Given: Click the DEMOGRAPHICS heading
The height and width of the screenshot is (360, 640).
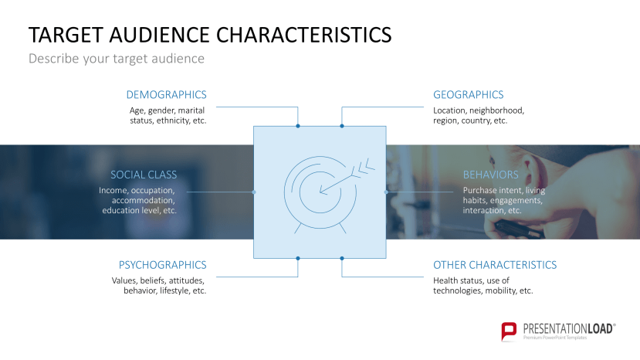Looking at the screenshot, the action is point(166,95).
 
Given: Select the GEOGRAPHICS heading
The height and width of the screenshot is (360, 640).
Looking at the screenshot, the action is point(468,95).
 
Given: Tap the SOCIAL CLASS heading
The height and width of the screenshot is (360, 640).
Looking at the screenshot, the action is point(144,175).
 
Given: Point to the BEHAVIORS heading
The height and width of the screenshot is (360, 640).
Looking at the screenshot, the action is point(490,175).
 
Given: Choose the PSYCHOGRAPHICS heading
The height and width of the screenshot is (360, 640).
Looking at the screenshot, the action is point(162,265).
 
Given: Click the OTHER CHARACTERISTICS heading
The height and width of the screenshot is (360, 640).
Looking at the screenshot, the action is point(495,265).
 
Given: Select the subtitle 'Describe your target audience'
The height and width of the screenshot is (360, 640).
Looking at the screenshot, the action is point(117,59).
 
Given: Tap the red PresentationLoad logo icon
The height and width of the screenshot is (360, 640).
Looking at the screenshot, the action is point(509,331).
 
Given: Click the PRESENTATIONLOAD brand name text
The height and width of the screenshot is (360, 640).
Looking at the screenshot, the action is point(568,328).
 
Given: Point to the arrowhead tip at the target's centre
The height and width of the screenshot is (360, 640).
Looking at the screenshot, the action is point(320,192).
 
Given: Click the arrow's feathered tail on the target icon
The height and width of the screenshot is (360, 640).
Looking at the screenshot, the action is point(364,168).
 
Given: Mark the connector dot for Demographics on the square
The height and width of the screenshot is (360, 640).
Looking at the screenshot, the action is point(298,126).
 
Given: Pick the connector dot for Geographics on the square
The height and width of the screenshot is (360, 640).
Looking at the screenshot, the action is point(342,126).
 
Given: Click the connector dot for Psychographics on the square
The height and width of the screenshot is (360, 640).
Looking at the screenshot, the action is point(298,258).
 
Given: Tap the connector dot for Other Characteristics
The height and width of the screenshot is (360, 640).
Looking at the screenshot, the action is point(342,258).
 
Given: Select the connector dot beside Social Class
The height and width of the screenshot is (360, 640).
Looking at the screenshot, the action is point(254,192).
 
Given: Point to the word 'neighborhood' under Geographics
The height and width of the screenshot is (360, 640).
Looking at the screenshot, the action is point(496,110).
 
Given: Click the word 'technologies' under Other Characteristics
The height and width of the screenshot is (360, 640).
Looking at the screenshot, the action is point(459,291).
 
